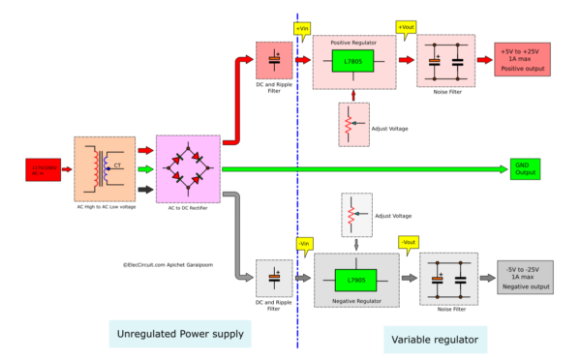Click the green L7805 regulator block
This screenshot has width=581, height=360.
click(x=352, y=62)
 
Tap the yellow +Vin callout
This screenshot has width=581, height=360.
click(x=300, y=26)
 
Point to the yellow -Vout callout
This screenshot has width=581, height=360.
click(x=408, y=242)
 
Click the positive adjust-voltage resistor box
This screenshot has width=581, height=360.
click(x=354, y=123)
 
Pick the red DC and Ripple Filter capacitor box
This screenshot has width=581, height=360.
click(x=274, y=61)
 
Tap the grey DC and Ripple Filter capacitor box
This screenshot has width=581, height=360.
click(x=274, y=278)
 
